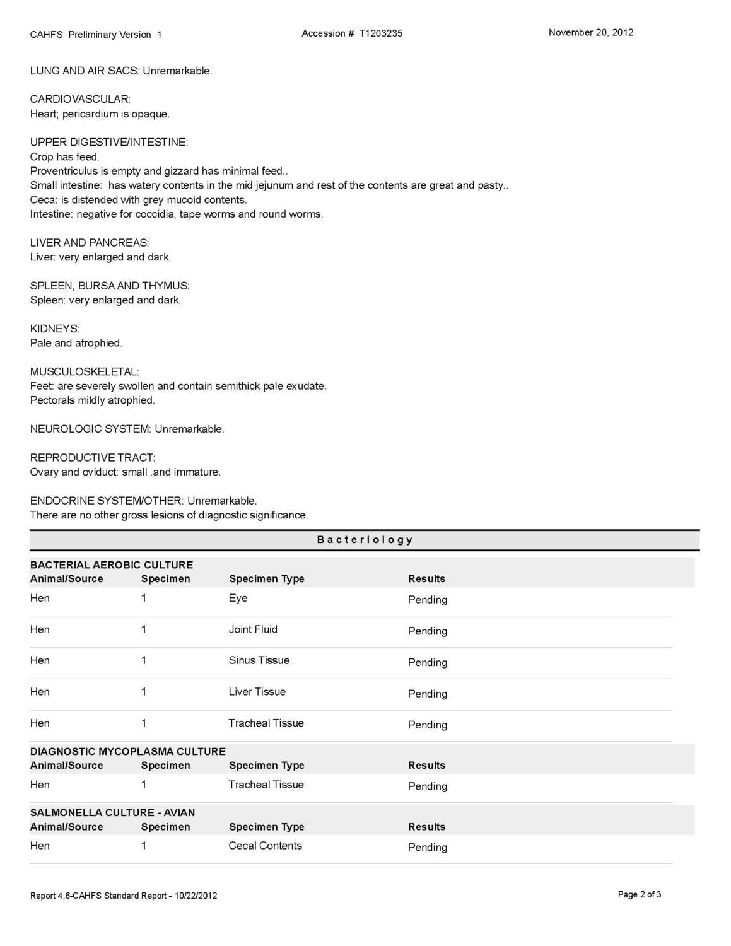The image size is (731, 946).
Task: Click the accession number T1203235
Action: click(380, 33)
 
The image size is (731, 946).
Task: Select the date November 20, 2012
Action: click(590, 33)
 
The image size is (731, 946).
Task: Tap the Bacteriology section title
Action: click(365, 540)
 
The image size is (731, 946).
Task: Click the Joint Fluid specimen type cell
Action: click(253, 629)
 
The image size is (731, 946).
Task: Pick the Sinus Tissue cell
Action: click(259, 660)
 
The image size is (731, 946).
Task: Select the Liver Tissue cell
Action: click(257, 692)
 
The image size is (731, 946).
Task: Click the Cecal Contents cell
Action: click(265, 846)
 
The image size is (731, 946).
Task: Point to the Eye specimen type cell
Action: click(238, 598)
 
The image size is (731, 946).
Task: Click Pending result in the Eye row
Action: click(427, 600)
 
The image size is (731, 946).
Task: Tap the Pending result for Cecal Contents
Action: click(427, 847)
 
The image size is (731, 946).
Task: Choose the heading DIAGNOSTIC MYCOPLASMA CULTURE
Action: click(127, 751)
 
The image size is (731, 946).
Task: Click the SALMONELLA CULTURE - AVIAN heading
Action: click(112, 812)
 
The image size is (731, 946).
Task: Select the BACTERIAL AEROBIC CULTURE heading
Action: click(111, 564)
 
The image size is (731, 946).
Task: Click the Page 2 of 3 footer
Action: click(639, 894)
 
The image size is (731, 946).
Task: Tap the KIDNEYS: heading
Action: click(54, 329)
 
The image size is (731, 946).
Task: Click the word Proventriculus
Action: click(64, 171)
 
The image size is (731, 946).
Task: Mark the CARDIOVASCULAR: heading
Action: click(79, 99)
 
